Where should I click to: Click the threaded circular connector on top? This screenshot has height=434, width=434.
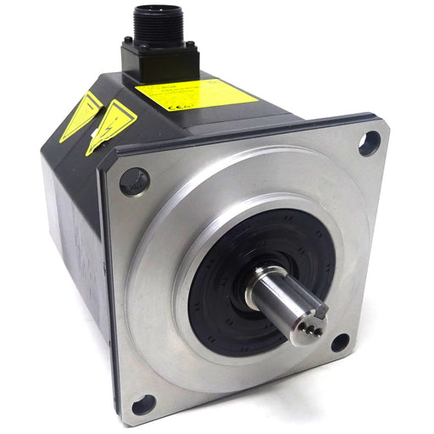pos(156,25)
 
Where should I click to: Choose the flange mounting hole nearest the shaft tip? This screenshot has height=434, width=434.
pos(340,342)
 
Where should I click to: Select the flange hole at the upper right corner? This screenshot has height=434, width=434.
pos(369,143)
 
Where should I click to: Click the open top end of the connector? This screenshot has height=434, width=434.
pos(156,10)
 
